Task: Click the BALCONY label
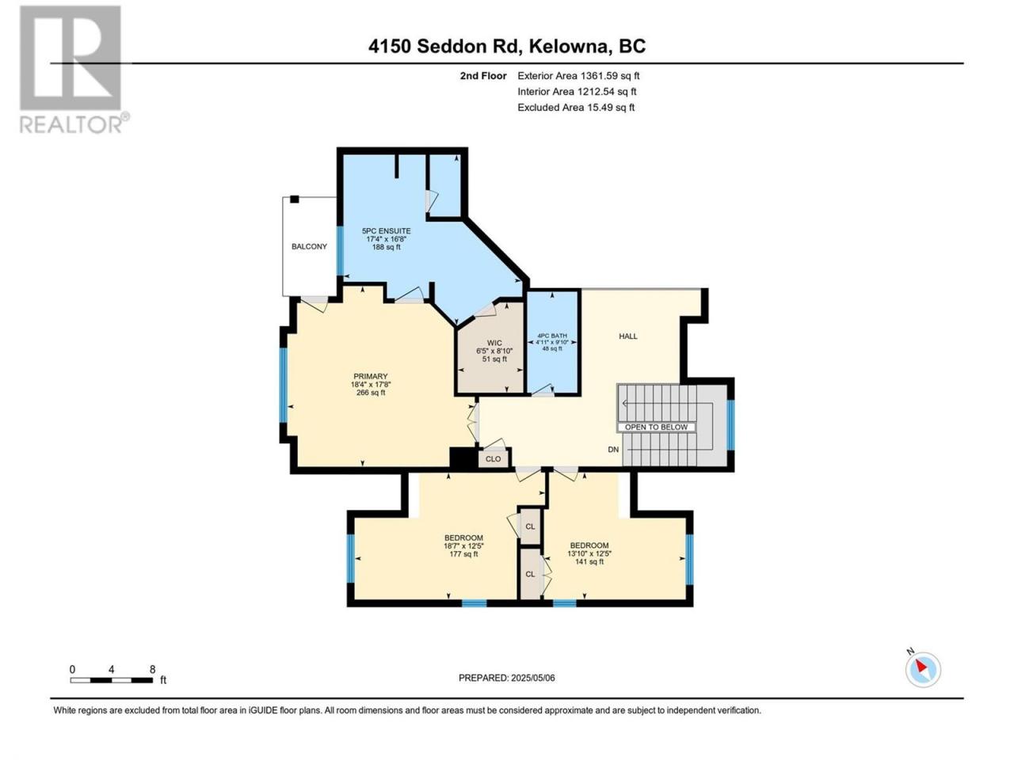(309, 246)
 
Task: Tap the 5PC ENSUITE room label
(387, 230)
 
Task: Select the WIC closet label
(494, 343)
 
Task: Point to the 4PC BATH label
(552, 336)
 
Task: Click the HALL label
(627, 336)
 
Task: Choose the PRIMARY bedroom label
(371, 376)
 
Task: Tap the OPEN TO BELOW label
(656, 427)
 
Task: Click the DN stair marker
(613, 449)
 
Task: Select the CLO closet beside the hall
(494, 458)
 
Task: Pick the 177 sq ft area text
(463, 553)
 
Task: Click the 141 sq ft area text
(589, 561)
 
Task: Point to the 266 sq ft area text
(371, 393)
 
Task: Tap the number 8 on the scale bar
(152, 669)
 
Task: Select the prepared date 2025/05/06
(532, 678)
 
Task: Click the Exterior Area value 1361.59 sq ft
(610, 76)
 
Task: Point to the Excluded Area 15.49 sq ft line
(576, 108)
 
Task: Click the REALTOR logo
(74, 69)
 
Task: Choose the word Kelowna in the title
(567, 46)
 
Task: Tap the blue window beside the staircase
(731, 424)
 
